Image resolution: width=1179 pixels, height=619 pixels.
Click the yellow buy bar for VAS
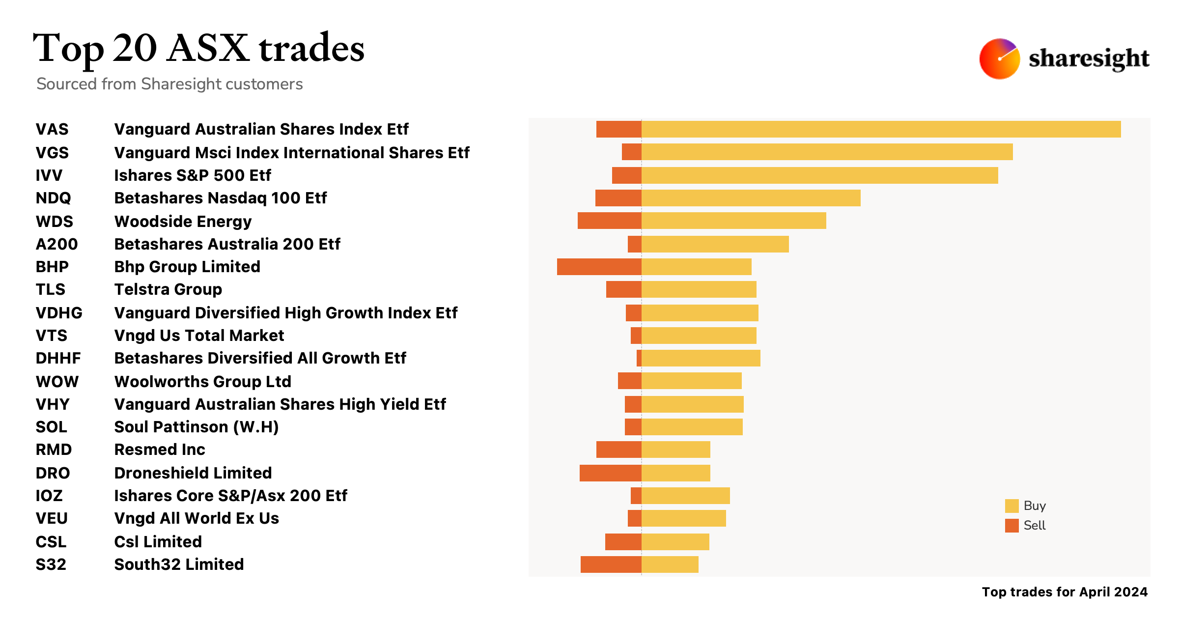click(881, 129)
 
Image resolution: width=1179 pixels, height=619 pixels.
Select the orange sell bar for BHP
click(599, 267)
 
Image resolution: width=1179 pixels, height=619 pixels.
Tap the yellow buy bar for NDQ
click(751, 198)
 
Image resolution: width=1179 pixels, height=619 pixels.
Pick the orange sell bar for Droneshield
click(610, 473)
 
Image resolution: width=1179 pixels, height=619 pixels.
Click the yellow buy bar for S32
click(670, 564)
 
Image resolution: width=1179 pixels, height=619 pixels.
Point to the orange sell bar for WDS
click(609, 221)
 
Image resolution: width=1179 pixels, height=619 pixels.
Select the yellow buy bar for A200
click(715, 244)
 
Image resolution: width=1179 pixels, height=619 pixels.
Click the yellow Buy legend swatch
click(1011, 506)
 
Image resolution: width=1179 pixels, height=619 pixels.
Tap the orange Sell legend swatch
click(1011, 526)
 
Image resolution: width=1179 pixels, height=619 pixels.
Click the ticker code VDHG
click(59, 313)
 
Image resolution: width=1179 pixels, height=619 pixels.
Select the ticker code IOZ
click(49, 496)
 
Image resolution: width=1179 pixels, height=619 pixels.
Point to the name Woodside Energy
click(183, 222)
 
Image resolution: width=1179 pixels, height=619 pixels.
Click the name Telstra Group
click(168, 289)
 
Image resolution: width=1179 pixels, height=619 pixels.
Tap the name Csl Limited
click(158, 542)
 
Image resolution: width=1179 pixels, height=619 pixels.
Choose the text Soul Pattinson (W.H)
click(196, 427)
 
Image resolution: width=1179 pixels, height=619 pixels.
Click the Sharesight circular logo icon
click(999, 59)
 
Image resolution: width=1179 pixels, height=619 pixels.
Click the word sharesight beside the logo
click(1089, 59)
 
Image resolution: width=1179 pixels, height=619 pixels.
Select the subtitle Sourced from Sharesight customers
click(169, 84)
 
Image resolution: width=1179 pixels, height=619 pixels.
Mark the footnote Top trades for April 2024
click(1065, 592)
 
